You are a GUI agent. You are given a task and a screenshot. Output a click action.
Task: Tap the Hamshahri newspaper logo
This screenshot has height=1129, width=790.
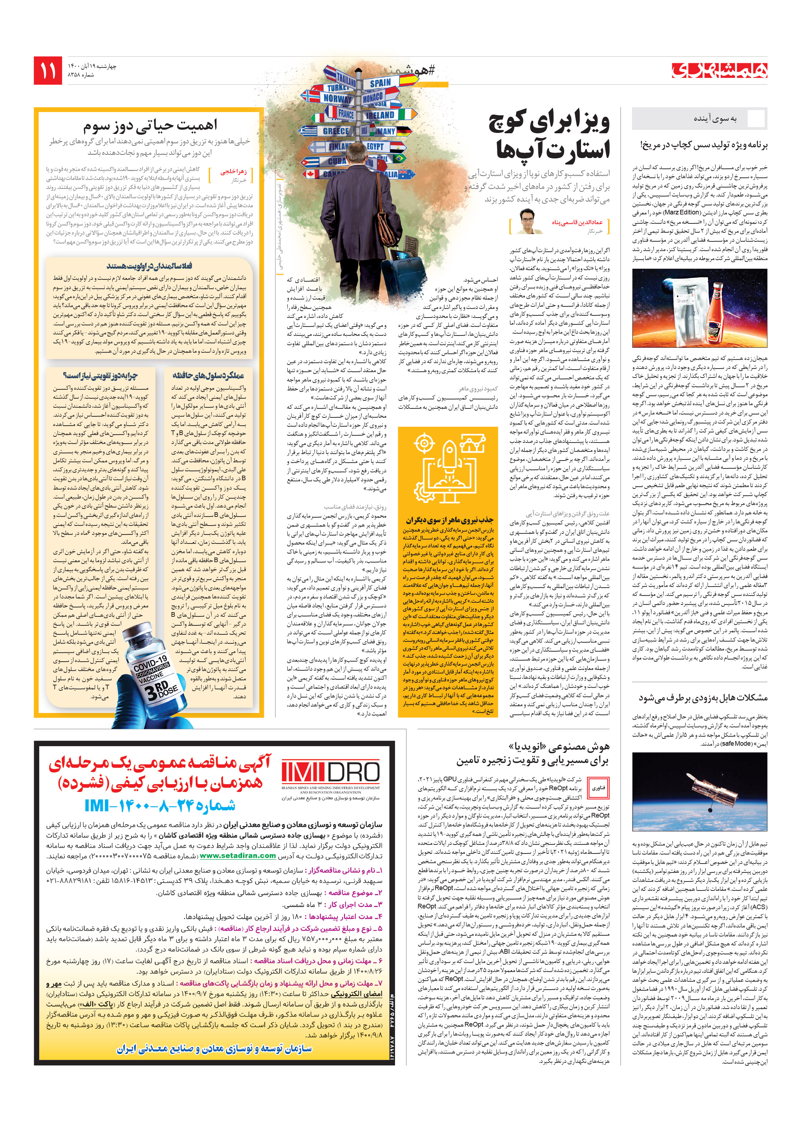click(x=719, y=71)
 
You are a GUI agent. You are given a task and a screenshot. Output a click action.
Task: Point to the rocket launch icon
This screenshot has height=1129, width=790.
click(x=449, y=465)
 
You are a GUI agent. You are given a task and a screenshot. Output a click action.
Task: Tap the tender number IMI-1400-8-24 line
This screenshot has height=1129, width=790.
click(x=160, y=805)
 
